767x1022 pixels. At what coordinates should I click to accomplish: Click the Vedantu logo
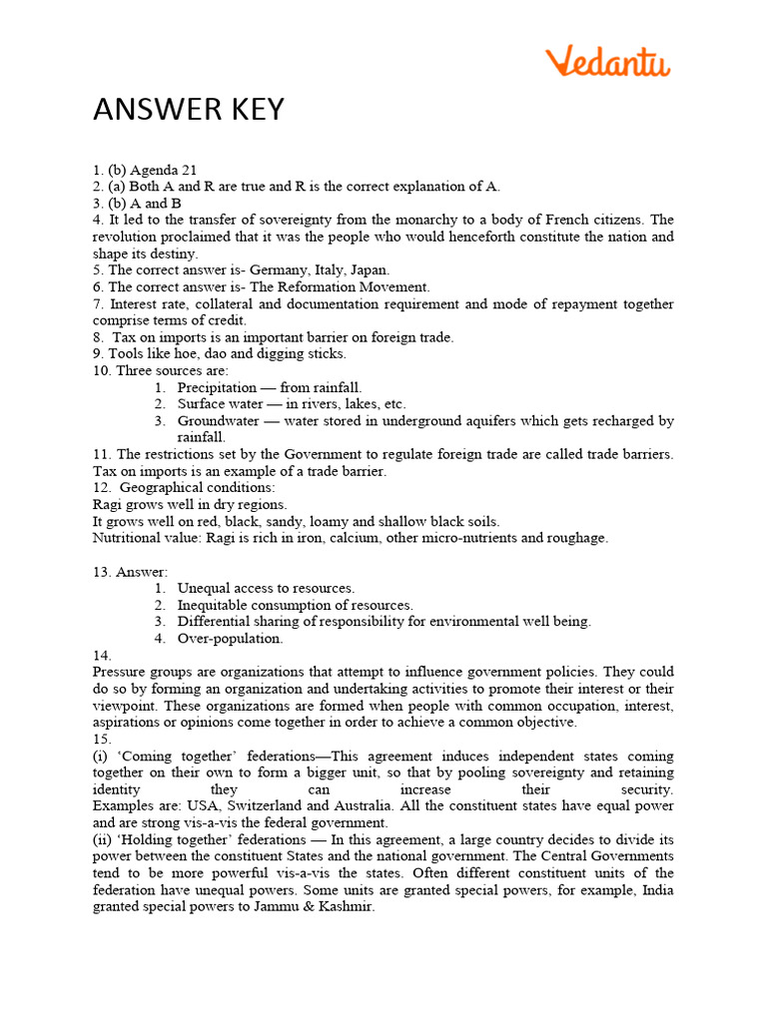[x=608, y=62]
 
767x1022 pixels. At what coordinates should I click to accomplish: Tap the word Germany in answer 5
[x=276, y=269]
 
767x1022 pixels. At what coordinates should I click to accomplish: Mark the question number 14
[x=101, y=655]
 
